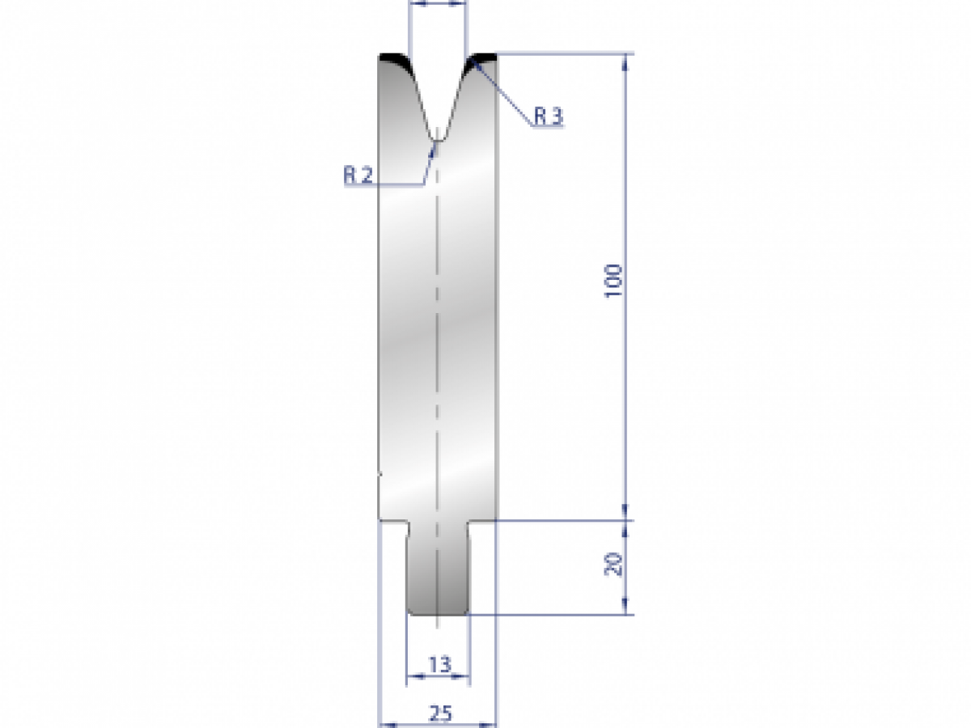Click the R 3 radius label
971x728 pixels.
[x=548, y=117]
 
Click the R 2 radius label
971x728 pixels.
[x=358, y=175]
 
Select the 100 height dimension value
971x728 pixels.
[x=614, y=281]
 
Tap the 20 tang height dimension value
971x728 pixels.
[x=614, y=564]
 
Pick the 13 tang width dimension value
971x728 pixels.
[x=439, y=665]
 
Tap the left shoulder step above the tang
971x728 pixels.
[x=393, y=523]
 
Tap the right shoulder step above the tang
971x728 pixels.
[x=482, y=523]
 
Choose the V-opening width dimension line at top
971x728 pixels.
[x=438, y=4]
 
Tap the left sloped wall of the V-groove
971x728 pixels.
[x=420, y=102]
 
